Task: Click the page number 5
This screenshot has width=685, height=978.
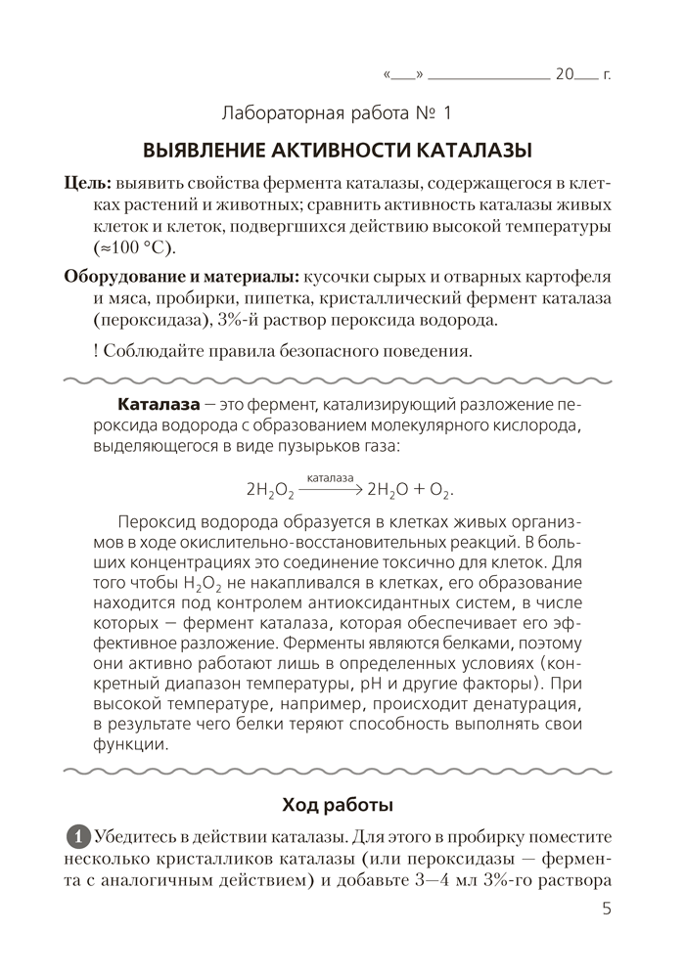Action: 607,909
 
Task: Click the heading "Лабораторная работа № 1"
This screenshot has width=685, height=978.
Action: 338,113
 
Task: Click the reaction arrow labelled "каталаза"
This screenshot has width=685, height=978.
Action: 330,485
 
